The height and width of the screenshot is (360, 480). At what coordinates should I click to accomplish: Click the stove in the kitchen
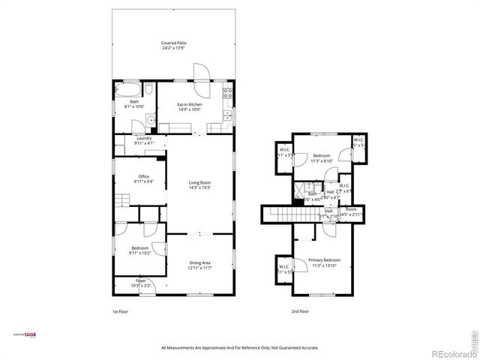click(x=228, y=94)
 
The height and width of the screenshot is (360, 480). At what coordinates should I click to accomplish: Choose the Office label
click(x=144, y=178)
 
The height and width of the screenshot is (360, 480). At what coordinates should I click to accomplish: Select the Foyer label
click(x=141, y=283)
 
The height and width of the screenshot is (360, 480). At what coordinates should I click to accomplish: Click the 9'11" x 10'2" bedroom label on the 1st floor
click(x=140, y=250)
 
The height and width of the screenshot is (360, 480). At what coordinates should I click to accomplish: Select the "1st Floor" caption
click(x=121, y=311)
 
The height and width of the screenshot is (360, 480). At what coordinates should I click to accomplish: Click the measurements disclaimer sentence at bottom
click(x=240, y=348)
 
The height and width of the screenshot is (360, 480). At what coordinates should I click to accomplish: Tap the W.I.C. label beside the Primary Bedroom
click(x=284, y=268)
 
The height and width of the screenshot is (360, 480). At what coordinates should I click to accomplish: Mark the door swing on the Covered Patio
click(x=202, y=71)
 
